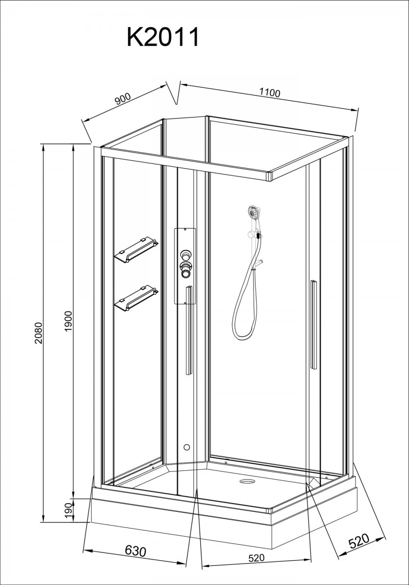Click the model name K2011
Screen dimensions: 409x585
click(163, 38)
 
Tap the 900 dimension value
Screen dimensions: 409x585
click(123, 98)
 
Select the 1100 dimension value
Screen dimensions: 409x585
click(269, 93)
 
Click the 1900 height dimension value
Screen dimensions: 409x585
click(68, 321)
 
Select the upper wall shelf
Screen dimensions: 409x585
click(136, 250)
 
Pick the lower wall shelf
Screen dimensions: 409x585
click(136, 298)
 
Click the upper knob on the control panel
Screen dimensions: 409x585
click(186, 254)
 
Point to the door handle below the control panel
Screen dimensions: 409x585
click(189, 331)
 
